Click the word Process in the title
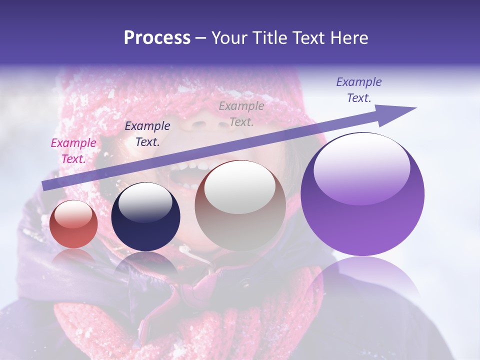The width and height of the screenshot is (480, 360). [x=157, y=38]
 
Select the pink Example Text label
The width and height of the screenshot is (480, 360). [x=73, y=151]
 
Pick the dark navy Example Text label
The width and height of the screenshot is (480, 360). [x=147, y=134]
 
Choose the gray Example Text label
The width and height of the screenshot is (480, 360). [x=241, y=113]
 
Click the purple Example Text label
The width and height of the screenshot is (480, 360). [x=358, y=90]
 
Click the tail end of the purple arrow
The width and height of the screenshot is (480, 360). [x=46, y=185]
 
